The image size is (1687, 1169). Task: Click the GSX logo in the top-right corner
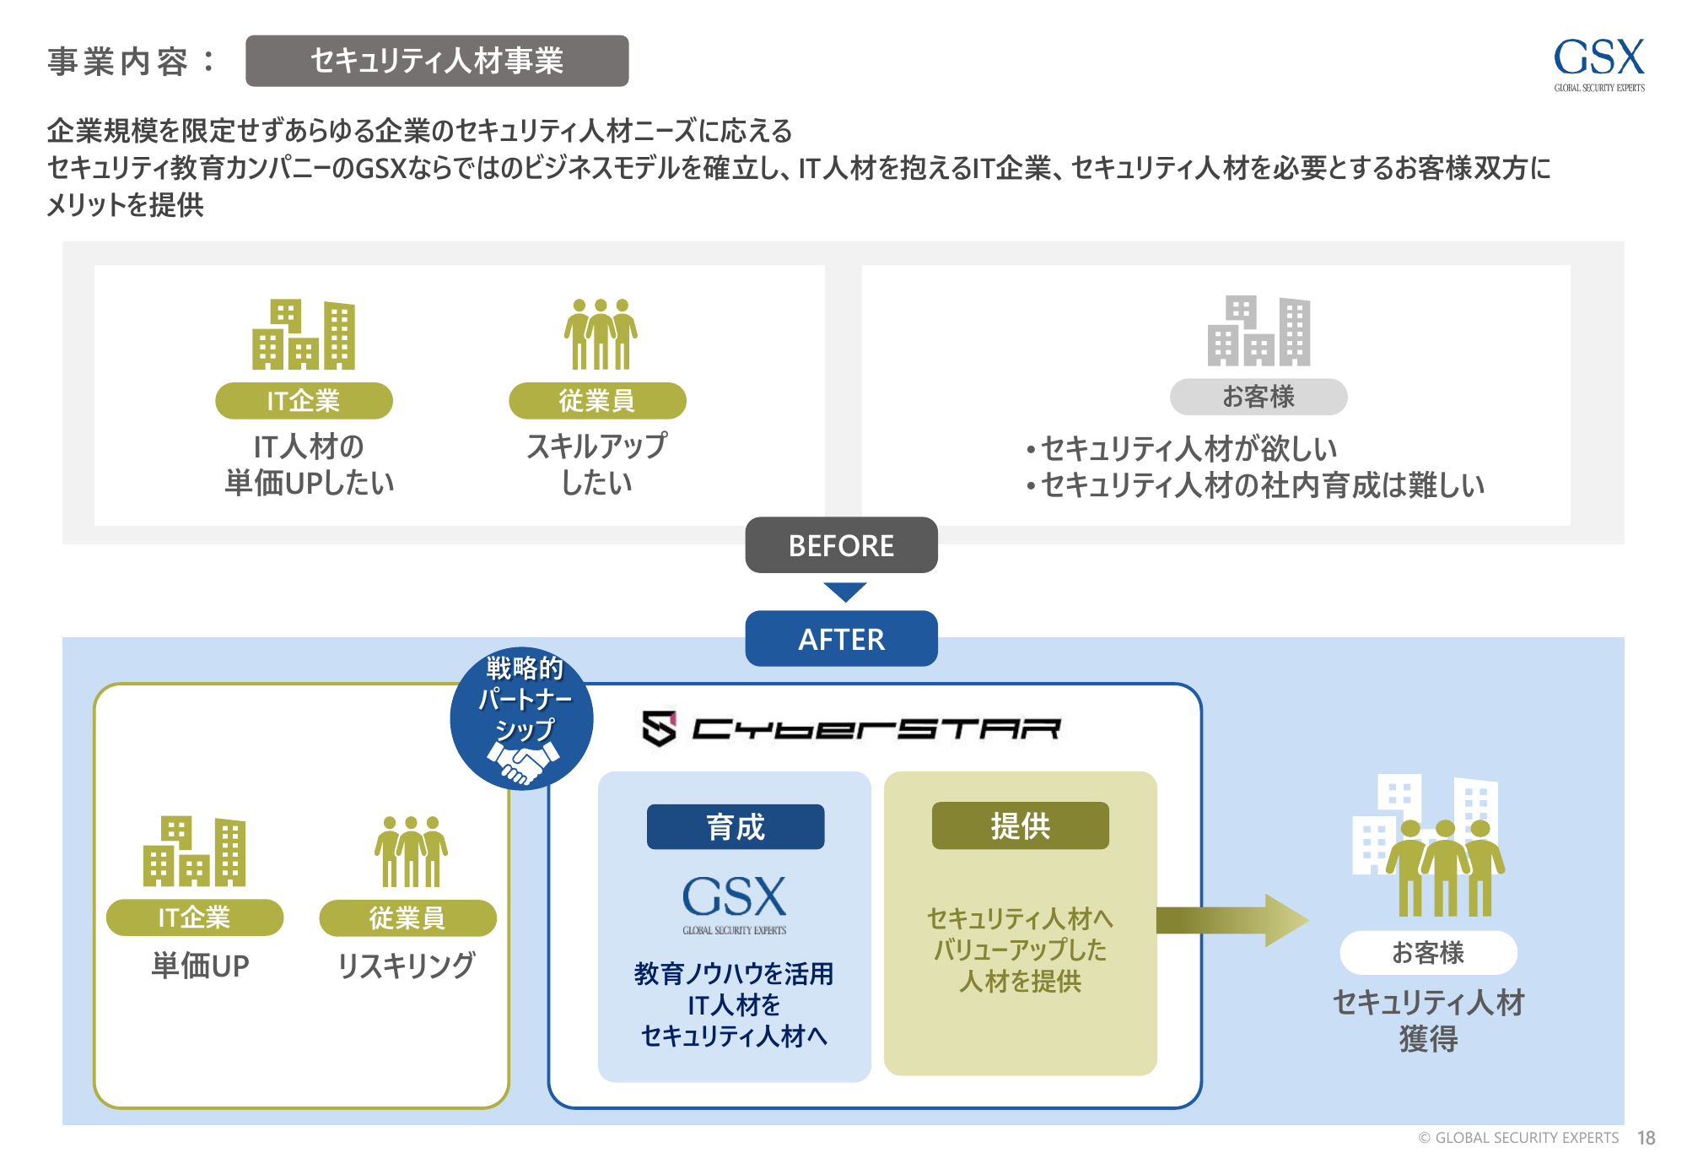point(1598,62)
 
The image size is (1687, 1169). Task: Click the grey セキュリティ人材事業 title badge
point(437,61)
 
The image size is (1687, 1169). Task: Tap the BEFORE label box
point(841,545)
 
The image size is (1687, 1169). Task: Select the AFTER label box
point(841,639)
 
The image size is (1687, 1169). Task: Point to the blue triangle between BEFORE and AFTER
point(844,591)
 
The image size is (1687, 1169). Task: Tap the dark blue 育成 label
point(735,826)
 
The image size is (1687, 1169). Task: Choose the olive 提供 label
point(1020,825)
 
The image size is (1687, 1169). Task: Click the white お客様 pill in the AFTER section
point(1428,952)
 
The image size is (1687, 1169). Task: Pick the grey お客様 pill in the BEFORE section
point(1258,397)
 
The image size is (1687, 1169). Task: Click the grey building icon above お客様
point(1259,331)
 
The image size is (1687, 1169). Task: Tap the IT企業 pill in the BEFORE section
point(304,401)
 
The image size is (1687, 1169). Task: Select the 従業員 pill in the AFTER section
point(407,917)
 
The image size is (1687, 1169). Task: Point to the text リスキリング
point(406,965)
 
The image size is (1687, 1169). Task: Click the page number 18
point(1646,1138)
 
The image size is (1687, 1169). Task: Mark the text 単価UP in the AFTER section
point(200,966)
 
